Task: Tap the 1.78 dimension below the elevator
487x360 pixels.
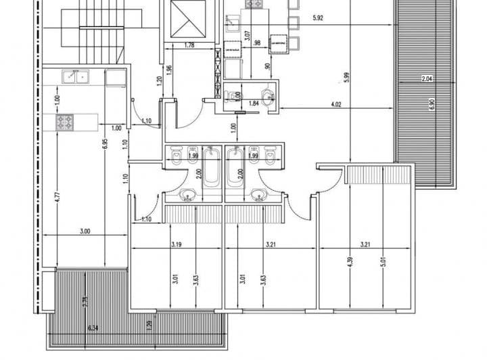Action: [190, 46]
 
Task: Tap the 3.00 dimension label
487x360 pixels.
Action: [84, 231]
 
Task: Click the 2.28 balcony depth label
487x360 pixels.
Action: [85, 302]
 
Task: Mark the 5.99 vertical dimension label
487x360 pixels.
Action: [346, 77]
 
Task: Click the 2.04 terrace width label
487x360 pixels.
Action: [427, 80]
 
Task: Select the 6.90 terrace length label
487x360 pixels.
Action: [430, 105]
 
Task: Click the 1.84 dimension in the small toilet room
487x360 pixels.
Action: [255, 104]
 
